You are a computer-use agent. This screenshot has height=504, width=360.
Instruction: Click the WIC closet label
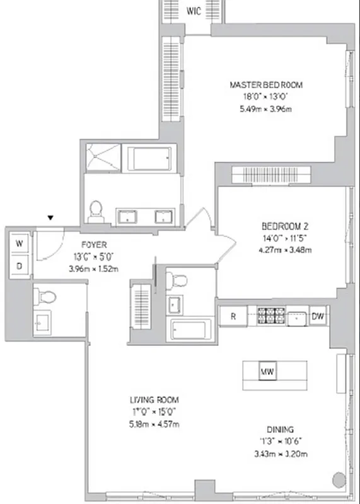point(193,11)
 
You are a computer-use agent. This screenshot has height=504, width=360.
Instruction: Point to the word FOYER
point(93,244)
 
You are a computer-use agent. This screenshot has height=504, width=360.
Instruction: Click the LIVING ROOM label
point(154,400)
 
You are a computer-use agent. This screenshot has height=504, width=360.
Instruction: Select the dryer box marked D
point(19,266)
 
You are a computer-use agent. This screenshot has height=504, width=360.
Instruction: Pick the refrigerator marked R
point(233,316)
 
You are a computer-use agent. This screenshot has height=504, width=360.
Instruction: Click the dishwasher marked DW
point(318,316)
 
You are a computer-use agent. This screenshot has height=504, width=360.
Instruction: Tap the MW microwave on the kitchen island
point(267,372)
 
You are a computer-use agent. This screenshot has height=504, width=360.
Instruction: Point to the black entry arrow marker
point(50,218)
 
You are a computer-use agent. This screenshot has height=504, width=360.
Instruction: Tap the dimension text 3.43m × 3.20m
point(279,452)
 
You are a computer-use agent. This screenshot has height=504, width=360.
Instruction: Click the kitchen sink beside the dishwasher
point(296,316)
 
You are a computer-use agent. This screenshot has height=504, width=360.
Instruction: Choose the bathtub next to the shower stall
point(150,157)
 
